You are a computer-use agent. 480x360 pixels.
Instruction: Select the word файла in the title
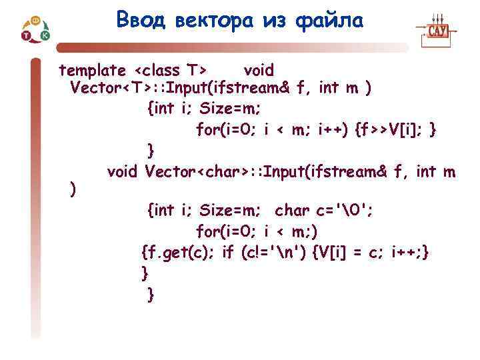point(332,21)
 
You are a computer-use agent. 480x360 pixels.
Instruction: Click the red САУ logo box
point(437,31)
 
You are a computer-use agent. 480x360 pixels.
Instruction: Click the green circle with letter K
point(45,35)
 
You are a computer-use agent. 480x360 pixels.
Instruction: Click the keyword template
point(92,70)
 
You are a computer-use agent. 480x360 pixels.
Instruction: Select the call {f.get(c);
point(178,252)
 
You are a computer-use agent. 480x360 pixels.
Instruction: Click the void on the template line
point(259,70)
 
